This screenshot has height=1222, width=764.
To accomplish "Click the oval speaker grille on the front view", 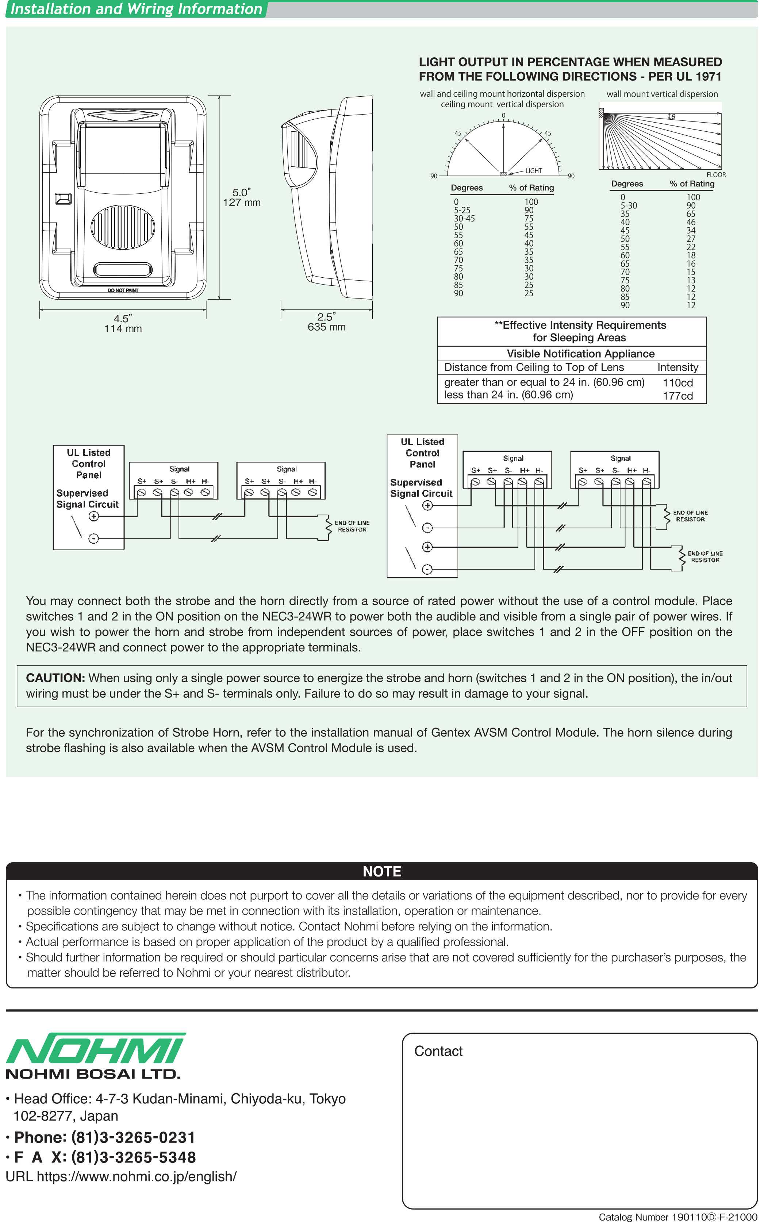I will click(123, 227).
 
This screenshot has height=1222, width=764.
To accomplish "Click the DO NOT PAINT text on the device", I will click(123, 290).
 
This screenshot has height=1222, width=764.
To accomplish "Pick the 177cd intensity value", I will click(677, 396).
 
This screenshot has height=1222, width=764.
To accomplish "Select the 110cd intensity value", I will click(677, 383).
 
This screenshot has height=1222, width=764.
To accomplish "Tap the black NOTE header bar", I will click(381, 871).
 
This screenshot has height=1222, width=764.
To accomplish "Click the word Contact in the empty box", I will click(438, 1051).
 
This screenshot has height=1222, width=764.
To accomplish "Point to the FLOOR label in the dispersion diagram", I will click(715, 175).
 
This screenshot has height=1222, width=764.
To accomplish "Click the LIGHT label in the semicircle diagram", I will click(534, 171).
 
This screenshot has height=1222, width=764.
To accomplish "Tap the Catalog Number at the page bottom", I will click(677, 1217).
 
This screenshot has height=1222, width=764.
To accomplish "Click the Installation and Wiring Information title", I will click(137, 9).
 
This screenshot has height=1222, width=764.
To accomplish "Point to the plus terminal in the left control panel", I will click(93, 516).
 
